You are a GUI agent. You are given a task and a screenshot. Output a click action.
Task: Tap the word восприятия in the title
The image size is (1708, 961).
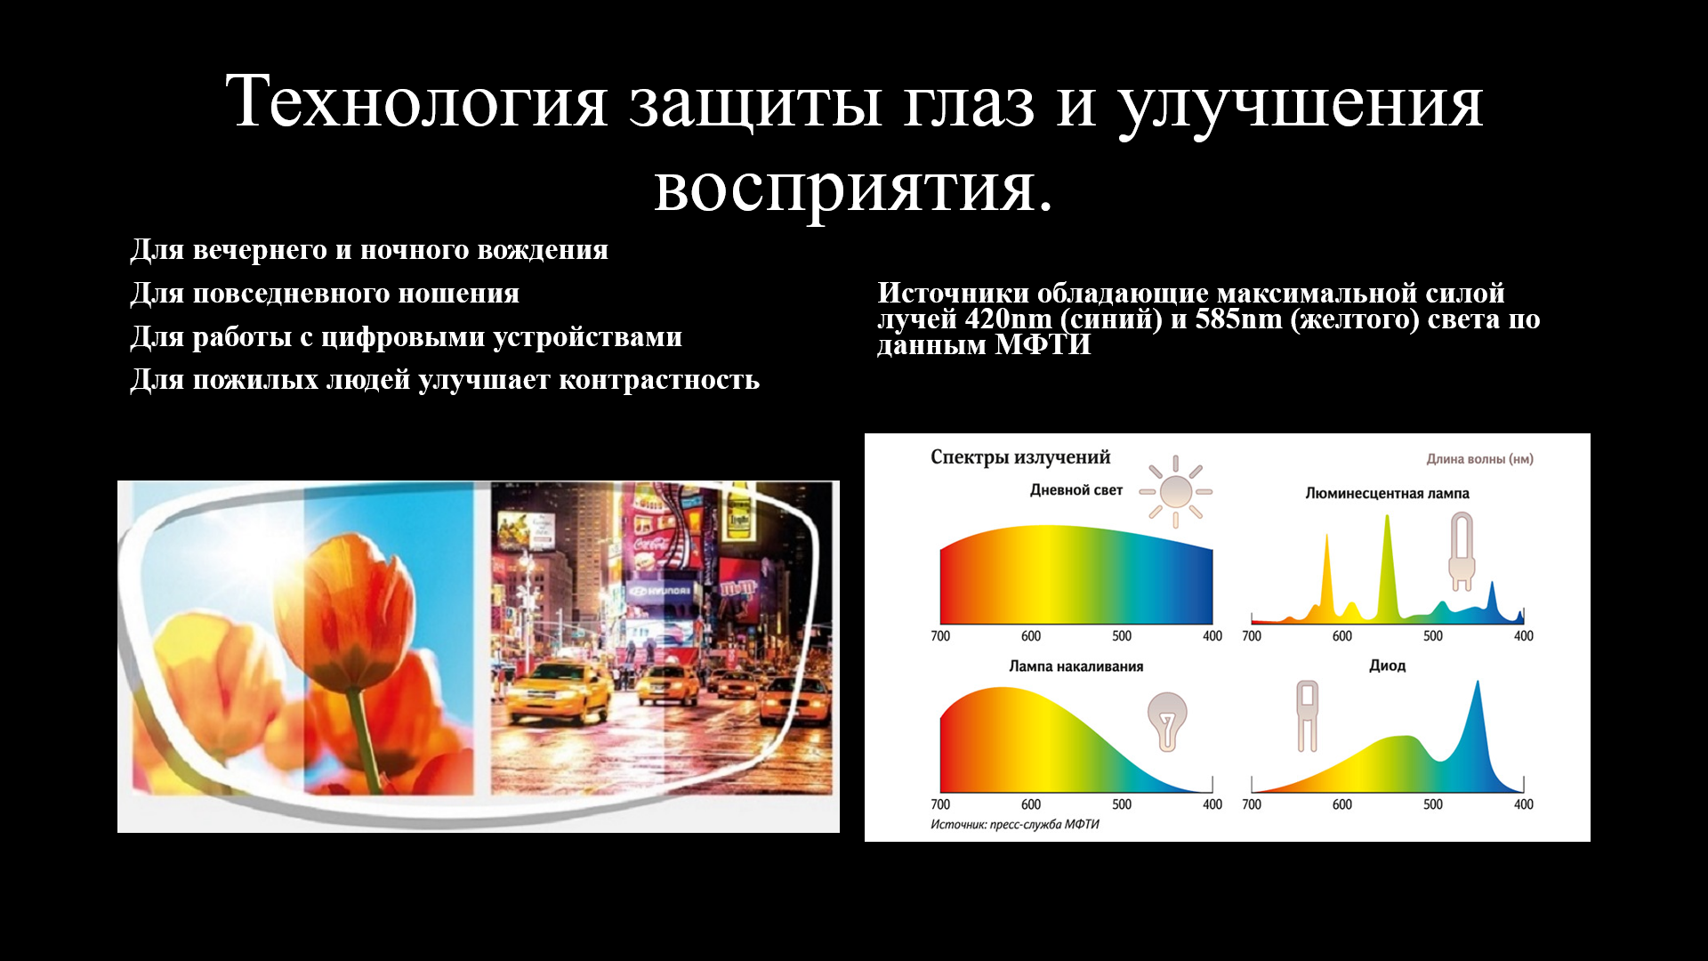[x=854, y=190]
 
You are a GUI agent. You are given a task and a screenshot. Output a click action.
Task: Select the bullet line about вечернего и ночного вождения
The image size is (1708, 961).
[x=369, y=250]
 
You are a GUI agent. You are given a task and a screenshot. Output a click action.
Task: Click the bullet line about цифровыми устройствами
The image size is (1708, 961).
[x=406, y=337]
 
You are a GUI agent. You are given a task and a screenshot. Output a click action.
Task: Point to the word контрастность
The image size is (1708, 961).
[x=659, y=380]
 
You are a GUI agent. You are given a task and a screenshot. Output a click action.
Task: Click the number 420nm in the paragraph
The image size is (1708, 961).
[x=1008, y=319]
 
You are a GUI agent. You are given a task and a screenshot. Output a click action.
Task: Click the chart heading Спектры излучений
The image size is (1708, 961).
[x=1020, y=457]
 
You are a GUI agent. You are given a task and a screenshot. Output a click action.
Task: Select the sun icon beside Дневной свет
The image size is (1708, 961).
[x=1176, y=491]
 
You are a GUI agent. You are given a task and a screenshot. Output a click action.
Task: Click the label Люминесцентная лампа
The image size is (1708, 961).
[x=1387, y=494]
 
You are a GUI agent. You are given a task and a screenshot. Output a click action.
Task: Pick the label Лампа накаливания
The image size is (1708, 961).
[x=1076, y=666]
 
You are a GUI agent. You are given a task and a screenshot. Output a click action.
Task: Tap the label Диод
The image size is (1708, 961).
[x=1387, y=666]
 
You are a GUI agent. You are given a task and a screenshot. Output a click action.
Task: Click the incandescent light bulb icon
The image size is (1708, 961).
[x=1167, y=721]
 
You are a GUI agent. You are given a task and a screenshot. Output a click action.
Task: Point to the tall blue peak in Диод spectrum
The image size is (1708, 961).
[x=1478, y=712]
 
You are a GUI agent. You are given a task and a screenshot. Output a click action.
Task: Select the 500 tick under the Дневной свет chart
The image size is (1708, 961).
[x=1122, y=636]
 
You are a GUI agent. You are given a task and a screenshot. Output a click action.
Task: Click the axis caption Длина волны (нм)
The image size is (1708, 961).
[x=1479, y=459]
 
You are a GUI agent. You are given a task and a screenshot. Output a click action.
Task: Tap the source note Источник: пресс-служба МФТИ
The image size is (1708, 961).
[x=1015, y=825]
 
